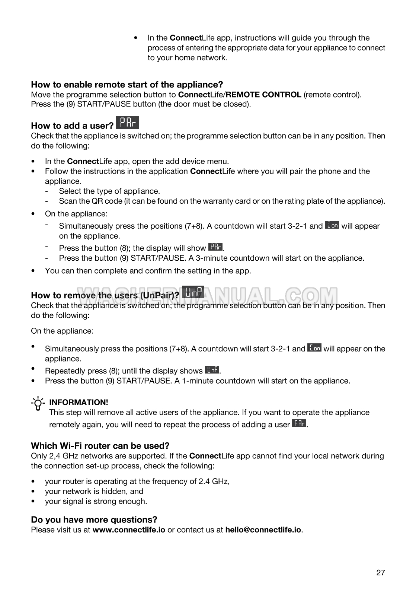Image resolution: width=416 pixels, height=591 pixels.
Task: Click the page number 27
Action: click(x=380, y=573)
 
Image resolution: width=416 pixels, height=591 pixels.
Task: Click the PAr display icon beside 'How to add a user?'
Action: click(x=127, y=123)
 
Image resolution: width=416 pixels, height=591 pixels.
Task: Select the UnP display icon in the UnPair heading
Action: click(x=193, y=292)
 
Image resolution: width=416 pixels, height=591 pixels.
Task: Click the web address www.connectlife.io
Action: click(x=129, y=530)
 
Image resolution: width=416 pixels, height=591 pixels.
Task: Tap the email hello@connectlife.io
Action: click(x=263, y=530)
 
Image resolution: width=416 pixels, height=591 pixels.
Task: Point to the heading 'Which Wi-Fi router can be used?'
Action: click(x=100, y=446)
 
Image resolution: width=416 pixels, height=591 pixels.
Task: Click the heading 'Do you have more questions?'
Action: click(x=94, y=520)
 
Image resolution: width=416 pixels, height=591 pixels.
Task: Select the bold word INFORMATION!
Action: click(x=79, y=402)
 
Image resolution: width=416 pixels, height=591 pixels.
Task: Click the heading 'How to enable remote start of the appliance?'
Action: click(x=127, y=85)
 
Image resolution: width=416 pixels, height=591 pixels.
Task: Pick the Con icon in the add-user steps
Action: click(x=332, y=225)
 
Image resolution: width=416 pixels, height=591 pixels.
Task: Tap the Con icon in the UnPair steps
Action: click(x=314, y=348)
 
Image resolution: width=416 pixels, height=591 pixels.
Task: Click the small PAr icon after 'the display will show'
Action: click(x=215, y=247)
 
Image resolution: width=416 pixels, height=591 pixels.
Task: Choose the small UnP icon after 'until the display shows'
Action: click(x=212, y=370)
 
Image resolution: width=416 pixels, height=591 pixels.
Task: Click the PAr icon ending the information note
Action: click(x=299, y=423)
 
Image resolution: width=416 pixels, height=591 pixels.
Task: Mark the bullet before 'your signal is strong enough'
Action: click(x=33, y=502)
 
